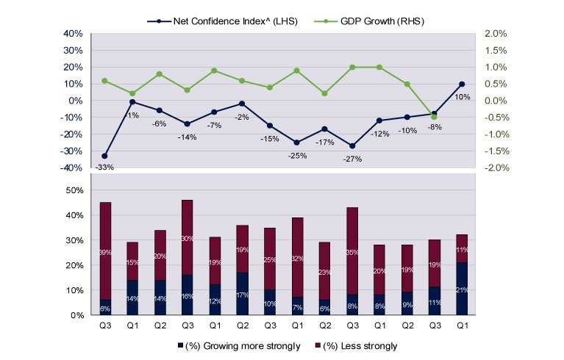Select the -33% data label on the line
104,168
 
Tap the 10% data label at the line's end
461,96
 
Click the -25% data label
298,155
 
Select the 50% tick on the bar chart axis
74,190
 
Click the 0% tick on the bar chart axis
76,315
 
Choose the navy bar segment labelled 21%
461,289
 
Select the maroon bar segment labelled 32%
297,257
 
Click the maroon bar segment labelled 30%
188,237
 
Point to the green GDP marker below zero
434,117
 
